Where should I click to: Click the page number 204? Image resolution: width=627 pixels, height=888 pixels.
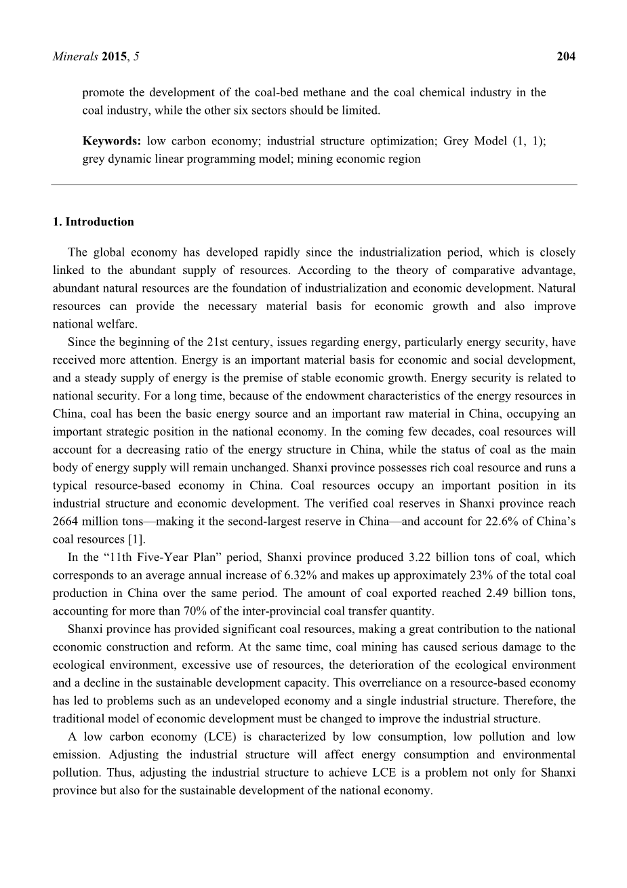point(566,57)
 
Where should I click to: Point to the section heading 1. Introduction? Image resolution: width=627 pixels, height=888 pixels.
point(93,222)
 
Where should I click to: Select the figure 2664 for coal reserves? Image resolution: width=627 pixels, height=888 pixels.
point(66,522)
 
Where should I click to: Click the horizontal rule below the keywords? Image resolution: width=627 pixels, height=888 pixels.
point(314,185)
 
